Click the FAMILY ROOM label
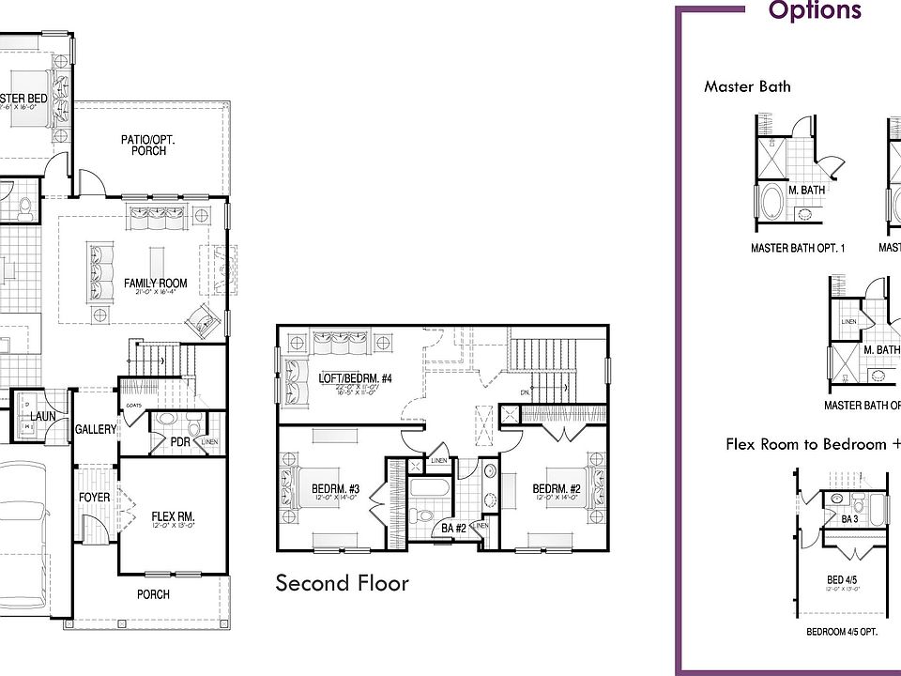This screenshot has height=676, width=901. [156, 283]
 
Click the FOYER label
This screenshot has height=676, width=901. [94, 498]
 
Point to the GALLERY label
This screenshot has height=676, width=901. [95, 429]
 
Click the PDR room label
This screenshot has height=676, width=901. [180, 441]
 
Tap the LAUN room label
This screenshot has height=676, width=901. [42, 416]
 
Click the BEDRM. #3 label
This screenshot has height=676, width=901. [335, 488]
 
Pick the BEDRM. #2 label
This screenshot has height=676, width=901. [557, 488]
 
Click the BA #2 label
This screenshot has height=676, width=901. [454, 530]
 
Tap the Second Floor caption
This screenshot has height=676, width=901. [342, 583]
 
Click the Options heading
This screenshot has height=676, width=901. [814, 11]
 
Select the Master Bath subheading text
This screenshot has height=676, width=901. [747, 86]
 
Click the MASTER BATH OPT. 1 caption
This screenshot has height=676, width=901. [798, 249]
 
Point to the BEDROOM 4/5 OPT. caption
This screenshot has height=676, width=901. [842, 632]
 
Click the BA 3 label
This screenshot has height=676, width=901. [850, 519]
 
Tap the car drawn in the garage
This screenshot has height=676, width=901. [28, 526]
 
